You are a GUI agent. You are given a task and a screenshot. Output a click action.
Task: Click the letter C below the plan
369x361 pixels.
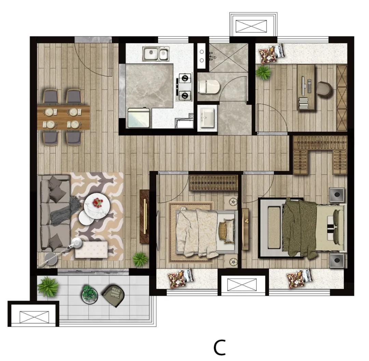coord(220,347)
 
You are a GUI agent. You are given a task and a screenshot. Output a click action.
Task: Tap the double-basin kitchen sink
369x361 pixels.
coord(156,54)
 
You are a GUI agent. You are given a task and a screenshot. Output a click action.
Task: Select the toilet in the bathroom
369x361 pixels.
coord(209,86)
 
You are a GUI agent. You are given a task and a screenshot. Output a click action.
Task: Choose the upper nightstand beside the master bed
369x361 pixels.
coord(337,195)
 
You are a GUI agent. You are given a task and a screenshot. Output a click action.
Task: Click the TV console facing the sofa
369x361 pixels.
coord(144,216)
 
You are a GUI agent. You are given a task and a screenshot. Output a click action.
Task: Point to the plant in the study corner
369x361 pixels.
coord(263,73)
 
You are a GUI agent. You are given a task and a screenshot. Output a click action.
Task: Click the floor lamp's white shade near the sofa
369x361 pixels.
coord(77,243)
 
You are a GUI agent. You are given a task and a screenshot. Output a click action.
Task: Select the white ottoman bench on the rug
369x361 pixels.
coord(92,250)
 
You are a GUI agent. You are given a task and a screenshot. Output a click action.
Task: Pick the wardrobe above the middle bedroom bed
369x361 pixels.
coord(213,183)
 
